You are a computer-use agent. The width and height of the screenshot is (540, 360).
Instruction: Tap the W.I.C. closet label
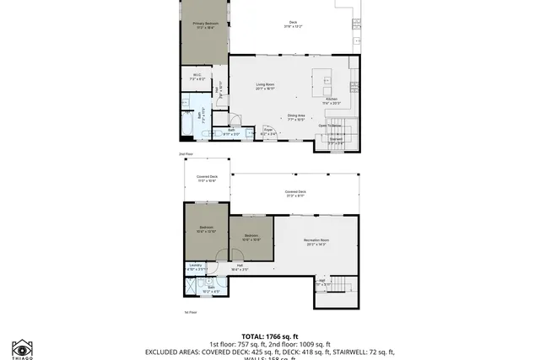197,78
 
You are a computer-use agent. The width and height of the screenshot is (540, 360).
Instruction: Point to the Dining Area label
295,117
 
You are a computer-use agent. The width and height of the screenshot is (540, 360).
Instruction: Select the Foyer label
267,132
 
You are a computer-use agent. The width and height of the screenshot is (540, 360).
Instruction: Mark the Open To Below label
330,126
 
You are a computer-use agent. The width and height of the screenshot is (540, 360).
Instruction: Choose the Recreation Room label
316,243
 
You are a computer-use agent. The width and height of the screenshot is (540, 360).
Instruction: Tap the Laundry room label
195,266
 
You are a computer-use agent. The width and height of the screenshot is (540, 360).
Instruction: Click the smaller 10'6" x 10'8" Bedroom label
251,237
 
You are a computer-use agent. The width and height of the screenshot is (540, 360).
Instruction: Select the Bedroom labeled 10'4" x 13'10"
208,229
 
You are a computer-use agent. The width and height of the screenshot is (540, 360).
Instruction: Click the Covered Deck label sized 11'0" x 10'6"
208,178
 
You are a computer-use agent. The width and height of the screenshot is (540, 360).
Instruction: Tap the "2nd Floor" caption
186,154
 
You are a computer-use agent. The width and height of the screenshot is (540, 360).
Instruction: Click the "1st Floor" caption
190,312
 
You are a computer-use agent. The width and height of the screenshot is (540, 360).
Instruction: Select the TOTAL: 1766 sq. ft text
270,336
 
